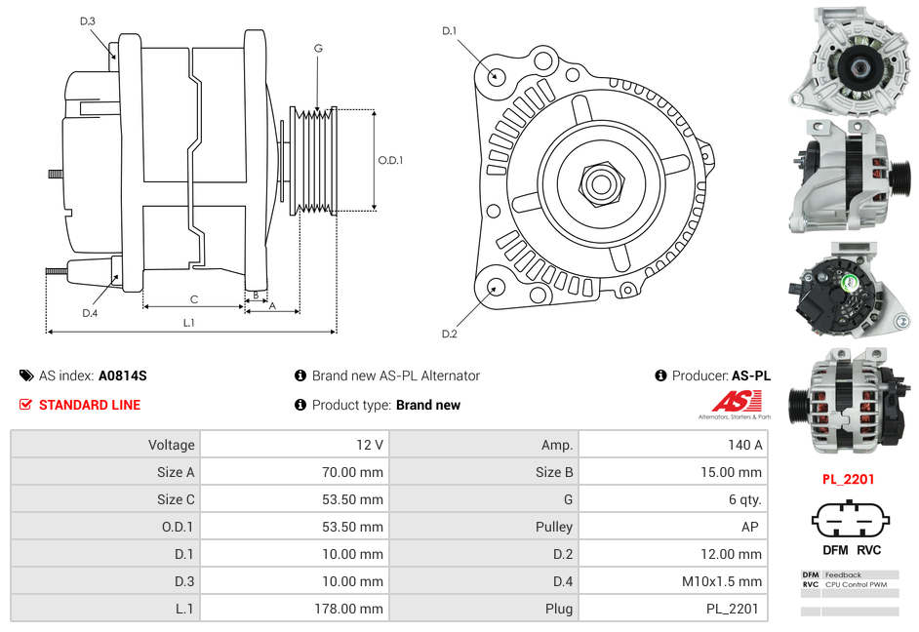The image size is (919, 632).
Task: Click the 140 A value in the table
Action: tap(744, 445)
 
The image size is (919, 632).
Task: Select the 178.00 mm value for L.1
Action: tap(355, 609)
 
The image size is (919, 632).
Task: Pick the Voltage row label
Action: tap(171, 445)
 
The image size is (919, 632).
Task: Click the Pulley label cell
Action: tap(554, 527)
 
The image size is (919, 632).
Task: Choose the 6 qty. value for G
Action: tap(746, 499)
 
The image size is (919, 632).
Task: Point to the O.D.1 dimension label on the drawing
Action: tap(390, 160)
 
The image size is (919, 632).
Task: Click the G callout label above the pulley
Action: tap(318, 48)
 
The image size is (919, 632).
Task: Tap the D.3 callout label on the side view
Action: tap(88, 20)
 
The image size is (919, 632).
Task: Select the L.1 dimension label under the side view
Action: tap(189, 322)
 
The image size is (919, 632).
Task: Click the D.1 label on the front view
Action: tap(449, 31)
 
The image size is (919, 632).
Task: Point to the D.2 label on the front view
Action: tap(449, 335)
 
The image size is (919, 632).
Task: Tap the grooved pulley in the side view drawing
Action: tap(314, 160)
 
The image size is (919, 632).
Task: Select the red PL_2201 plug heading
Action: tap(848, 479)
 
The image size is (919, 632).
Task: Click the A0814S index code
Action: tap(122, 375)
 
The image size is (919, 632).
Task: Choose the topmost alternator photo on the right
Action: tap(848, 59)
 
